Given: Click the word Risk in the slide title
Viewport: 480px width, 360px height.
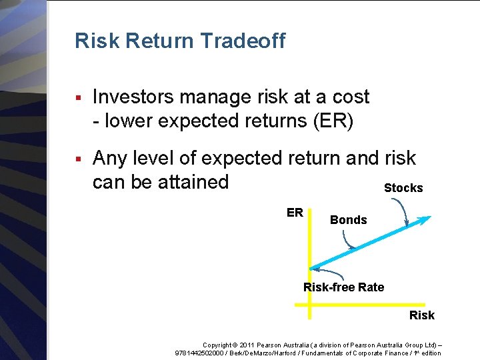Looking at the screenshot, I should pos(97,41).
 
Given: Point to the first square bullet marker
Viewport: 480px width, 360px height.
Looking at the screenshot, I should pos(78,98).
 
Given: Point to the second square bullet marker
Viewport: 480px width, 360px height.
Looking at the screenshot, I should pos(78,159).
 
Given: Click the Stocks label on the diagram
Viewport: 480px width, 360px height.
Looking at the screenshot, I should pos(403,188).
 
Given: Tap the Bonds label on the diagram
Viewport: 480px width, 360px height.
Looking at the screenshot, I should pos(348,220).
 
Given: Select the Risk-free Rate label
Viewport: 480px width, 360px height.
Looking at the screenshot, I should pos(343,287).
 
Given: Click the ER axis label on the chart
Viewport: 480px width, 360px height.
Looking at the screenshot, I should pos(295,213).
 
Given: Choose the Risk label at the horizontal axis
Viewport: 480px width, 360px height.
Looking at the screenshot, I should pos(421,315).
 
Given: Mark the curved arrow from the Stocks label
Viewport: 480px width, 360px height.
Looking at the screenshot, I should pos(404,212).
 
